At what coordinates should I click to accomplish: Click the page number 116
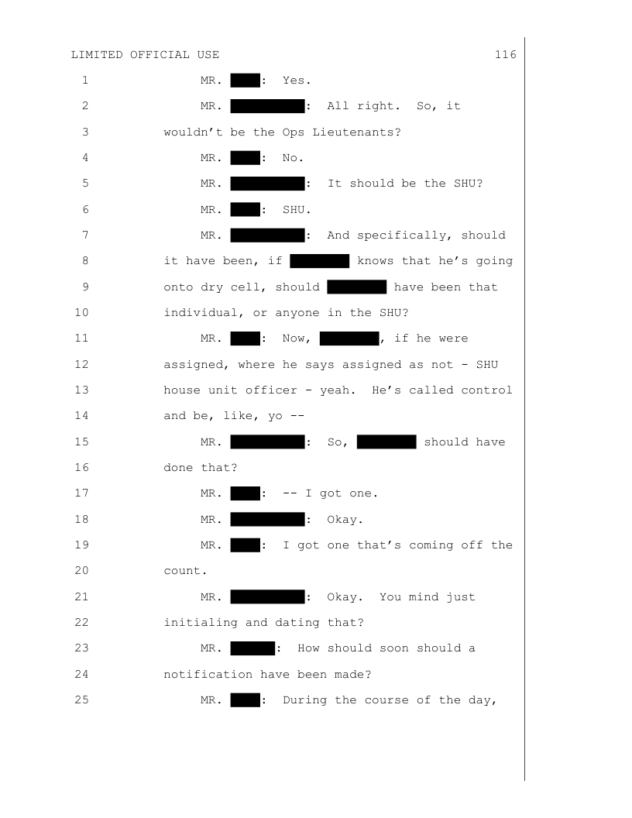tap(506, 55)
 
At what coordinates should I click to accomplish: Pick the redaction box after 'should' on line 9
tap(356, 287)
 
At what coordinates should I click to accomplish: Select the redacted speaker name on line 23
tap(253, 648)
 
